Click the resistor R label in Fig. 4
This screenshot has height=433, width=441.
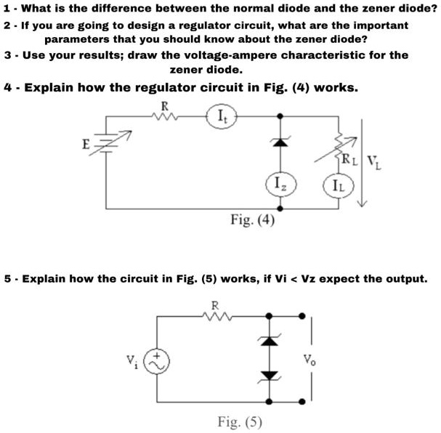pyautogui.click(x=164, y=105)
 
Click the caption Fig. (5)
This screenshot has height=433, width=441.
pyautogui.click(x=240, y=421)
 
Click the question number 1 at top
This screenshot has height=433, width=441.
pyautogui.click(x=7, y=9)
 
